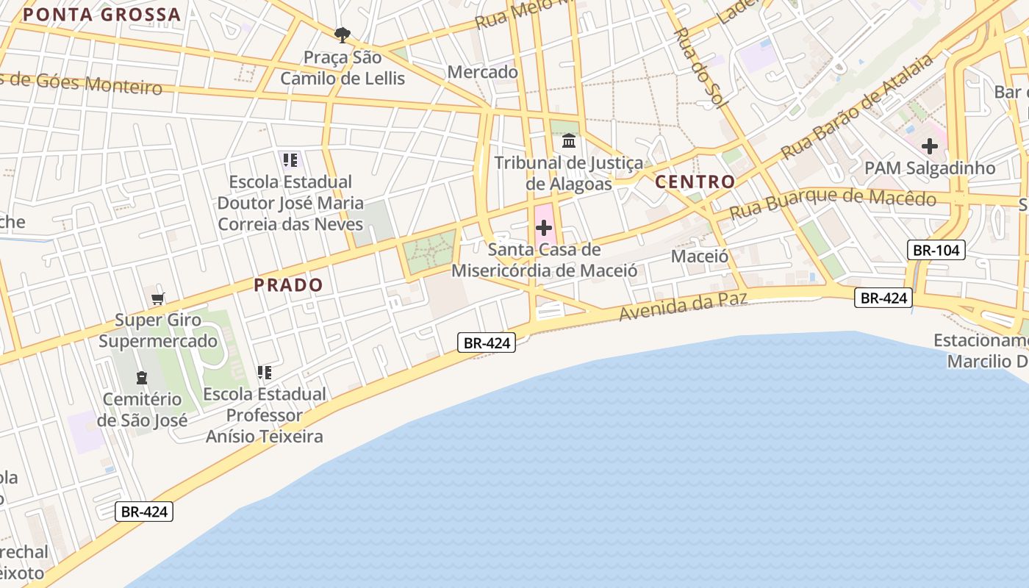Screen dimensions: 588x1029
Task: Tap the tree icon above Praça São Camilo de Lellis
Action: [x=342, y=35]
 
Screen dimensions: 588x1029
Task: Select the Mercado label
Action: [x=482, y=72]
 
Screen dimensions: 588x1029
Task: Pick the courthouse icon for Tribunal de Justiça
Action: [x=569, y=140]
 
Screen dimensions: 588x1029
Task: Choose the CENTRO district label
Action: [x=695, y=182]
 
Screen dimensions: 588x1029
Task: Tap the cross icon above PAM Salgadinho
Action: [x=930, y=146]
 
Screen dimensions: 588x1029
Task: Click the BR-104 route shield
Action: [x=936, y=250]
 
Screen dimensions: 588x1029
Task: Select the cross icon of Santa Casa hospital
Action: [x=544, y=228]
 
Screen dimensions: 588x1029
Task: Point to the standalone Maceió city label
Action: [x=700, y=257]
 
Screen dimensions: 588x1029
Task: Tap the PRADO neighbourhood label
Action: [x=288, y=285]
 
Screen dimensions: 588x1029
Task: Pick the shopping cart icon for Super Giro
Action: [x=157, y=298]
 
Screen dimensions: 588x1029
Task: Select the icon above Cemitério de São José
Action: [x=142, y=378]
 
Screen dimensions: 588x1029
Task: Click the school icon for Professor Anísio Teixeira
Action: [x=265, y=373]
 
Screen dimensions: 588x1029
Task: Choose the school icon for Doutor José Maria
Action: [x=290, y=159]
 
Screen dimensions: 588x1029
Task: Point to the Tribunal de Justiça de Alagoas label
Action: [x=569, y=173]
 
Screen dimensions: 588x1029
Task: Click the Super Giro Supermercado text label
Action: [x=158, y=331]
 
